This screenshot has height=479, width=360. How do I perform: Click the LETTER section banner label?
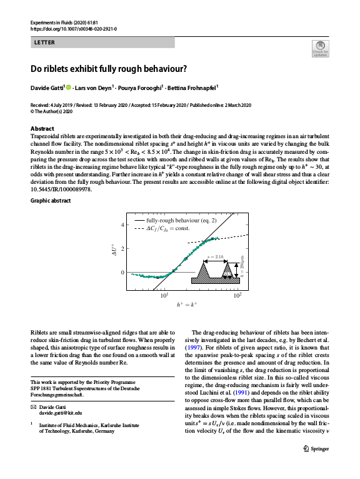coord(44,43)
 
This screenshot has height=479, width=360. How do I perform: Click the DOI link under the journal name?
coord(73,29)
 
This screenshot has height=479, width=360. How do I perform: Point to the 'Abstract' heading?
coord(42,128)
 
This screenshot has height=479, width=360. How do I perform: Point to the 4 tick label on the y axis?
coord(122,224)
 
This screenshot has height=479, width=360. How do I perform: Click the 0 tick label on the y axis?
coord(122,273)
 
